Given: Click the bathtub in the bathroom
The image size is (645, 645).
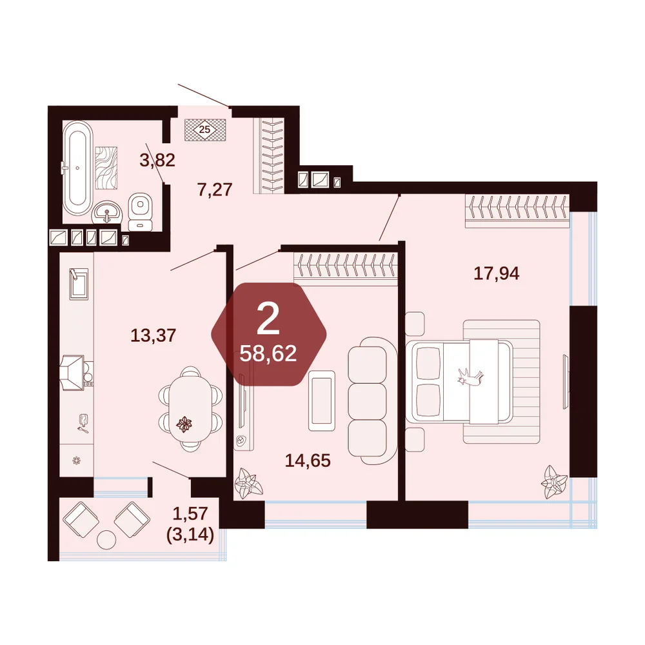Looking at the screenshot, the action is [77, 168].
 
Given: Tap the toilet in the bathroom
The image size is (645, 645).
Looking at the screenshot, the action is [140, 212].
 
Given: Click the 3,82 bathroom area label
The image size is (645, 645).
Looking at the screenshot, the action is [157, 160].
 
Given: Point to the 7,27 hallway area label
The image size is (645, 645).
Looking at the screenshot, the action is [215, 190].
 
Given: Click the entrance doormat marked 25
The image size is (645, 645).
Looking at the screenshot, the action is [205, 130].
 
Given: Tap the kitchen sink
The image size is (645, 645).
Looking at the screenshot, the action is [78, 284].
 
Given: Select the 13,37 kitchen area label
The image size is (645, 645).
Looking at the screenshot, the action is [153, 335].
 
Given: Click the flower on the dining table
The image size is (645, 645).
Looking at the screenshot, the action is [184, 424].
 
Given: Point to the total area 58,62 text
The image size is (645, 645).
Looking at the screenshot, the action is [268, 353].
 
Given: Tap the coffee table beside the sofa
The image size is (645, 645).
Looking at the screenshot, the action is [322, 401].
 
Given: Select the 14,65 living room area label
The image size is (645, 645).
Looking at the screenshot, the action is [308, 461].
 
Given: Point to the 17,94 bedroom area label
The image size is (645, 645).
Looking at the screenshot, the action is [497, 273].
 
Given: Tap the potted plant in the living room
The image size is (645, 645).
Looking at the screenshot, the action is [248, 483].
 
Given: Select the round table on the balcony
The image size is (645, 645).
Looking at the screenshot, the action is [106, 540].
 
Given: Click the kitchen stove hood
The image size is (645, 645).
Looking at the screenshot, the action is [73, 373].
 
